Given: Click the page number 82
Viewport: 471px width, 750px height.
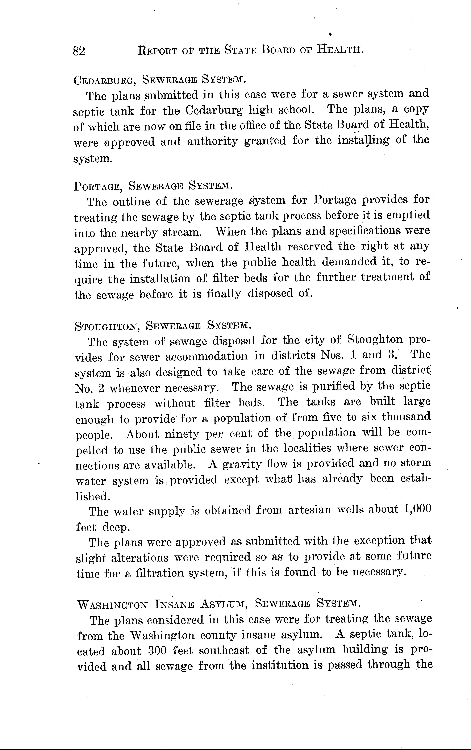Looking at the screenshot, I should (x=79, y=50).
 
